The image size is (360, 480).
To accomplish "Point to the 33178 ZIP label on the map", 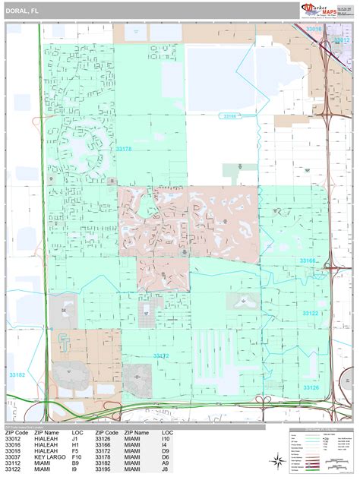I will [x=123, y=150].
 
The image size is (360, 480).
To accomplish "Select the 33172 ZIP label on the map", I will [x=161, y=355].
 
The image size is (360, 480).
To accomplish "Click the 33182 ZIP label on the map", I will [x=17, y=374].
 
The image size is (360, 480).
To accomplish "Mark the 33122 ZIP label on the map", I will [x=310, y=313].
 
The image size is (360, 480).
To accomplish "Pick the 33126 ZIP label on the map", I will [x=311, y=387].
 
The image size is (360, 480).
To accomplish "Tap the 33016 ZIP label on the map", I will [x=315, y=29].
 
